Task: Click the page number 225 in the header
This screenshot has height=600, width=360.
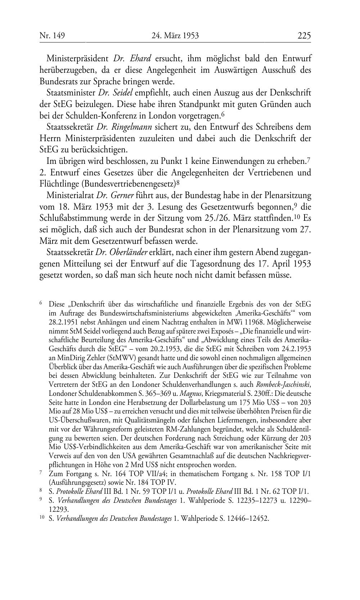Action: tap(304, 35)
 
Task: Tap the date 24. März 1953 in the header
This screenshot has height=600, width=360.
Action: tap(175, 35)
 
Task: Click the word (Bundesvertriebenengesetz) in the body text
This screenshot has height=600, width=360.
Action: tap(129, 184)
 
